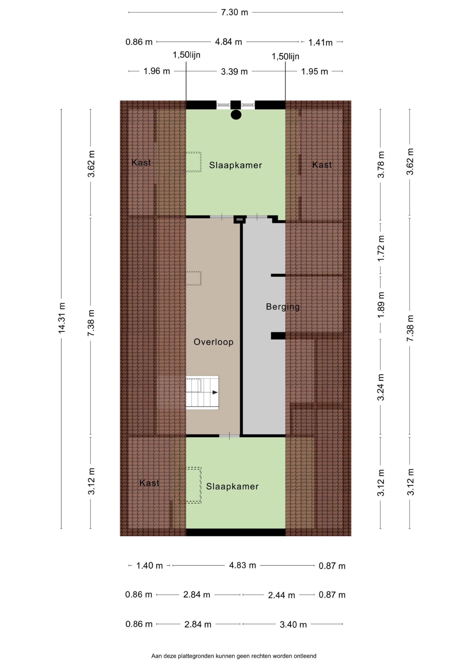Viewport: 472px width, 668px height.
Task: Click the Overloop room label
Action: tap(214, 342)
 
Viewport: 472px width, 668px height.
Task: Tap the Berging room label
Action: tap(283, 307)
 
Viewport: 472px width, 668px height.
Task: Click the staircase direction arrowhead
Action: tap(215, 392)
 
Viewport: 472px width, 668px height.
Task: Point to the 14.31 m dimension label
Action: tap(62, 318)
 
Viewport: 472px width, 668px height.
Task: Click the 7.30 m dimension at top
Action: tap(234, 12)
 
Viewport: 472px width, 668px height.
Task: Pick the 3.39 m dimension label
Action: tap(234, 71)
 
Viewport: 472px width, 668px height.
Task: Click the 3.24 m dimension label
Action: tap(381, 387)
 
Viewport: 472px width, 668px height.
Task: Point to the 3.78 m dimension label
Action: tap(381, 165)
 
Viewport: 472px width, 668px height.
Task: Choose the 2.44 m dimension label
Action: tap(281, 595)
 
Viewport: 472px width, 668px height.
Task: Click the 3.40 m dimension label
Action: tap(293, 625)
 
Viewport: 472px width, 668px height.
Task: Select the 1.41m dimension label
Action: tap(320, 43)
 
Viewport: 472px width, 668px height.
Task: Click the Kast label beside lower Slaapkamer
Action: tap(149, 483)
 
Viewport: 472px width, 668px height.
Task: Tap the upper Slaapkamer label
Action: tap(235, 165)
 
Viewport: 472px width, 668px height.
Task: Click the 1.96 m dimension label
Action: tap(157, 71)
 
